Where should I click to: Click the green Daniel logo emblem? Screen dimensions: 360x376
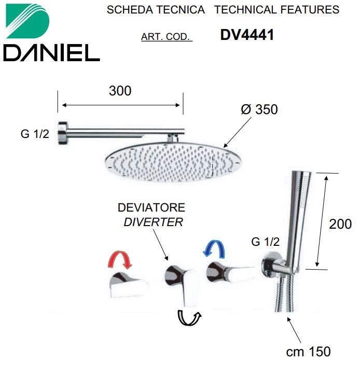click(x=27, y=21)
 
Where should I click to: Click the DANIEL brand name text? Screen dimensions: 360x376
click(x=51, y=53)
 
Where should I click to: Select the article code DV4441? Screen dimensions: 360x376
click(x=247, y=35)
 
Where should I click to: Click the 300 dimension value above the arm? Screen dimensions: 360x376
click(x=120, y=91)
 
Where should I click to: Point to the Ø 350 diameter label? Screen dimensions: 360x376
click(x=259, y=109)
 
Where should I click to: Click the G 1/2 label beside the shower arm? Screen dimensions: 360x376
click(x=35, y=134)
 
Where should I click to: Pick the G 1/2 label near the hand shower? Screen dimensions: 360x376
click(x=266, y=242)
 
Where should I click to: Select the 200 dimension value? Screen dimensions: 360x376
click(x=340, y=224)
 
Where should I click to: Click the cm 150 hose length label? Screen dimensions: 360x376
click(x=309, y=352)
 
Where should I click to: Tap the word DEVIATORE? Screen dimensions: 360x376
click(x=151, y=207)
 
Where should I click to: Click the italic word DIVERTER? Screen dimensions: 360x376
click(x=153, y=222)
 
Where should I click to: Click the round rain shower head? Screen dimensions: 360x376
click(x=173, y=162)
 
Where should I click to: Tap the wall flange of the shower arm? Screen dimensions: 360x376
click(x=63, y=133)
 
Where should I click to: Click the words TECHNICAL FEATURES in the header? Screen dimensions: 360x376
click(x=277, y=10)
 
